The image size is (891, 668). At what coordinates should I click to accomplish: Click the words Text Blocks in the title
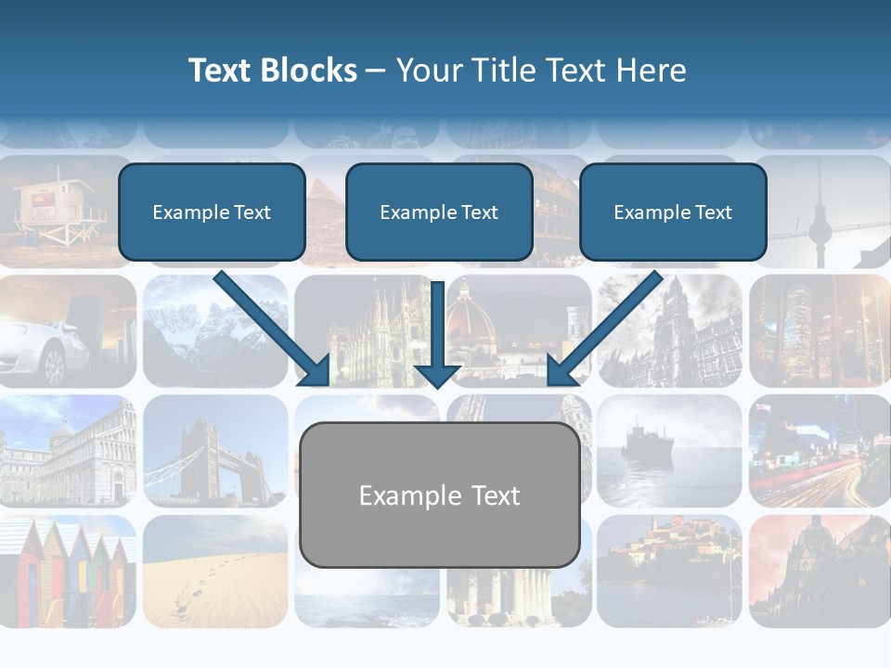click(272, 71)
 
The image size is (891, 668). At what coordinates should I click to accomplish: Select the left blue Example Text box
click(212, 212)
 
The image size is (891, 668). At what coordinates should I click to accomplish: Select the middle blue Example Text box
click(439, 212)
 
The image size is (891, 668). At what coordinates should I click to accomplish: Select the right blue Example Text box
click(673, 212)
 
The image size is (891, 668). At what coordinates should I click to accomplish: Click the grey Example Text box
click(439, 495)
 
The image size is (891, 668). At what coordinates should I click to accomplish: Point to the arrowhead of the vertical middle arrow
click(437, 376)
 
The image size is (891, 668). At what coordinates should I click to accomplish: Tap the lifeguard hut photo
click(60, 209)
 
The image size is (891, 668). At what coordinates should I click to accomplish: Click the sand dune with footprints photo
click(214, 571)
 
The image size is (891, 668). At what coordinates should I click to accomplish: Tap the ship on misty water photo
click(668, 450)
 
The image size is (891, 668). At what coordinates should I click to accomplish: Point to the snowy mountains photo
click(214, 329)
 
